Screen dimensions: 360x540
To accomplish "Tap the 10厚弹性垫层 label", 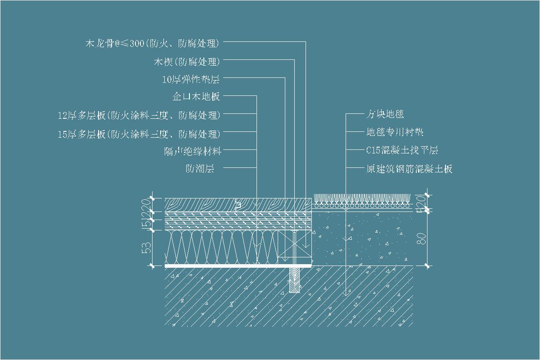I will (191, 80).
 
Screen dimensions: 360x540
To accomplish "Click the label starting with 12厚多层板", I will (139, 115).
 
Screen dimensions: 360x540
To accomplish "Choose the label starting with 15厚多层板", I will (139, 134).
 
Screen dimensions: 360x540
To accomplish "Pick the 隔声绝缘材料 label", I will (193, 151).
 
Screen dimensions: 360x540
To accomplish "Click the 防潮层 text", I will (199, 169).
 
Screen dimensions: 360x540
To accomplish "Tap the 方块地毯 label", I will (385, 114).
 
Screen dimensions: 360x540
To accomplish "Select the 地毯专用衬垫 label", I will (395, 132).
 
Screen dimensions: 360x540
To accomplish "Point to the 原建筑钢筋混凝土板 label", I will (409, 169).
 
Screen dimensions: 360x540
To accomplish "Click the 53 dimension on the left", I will (146, 248).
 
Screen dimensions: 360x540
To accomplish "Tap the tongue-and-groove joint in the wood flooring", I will (238, 205).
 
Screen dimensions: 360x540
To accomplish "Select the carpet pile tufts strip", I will (362, 198).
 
